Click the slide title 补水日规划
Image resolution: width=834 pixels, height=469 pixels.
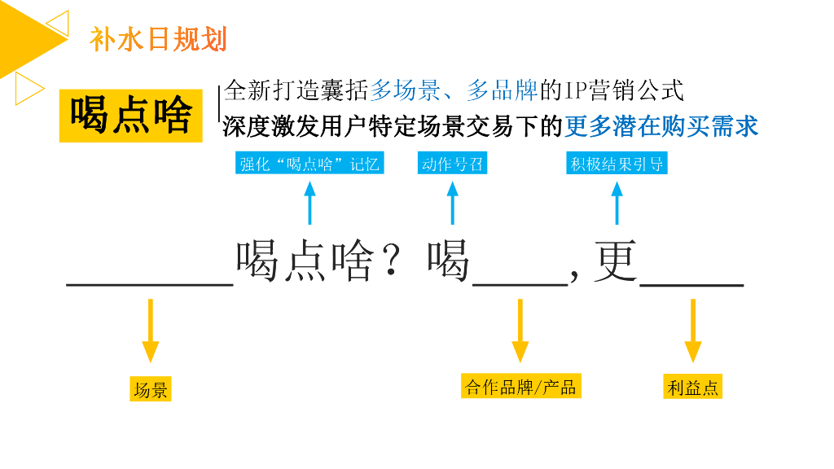(x=159, y=38)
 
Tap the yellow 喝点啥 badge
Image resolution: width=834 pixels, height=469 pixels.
(x=130, y=115)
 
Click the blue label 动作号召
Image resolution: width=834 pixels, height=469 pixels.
(x=453, y=164)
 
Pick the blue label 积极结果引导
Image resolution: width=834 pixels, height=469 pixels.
(x=617, y=164)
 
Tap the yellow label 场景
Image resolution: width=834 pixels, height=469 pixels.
(x=151, y=390)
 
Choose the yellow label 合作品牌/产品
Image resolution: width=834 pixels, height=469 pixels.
(x=520, y=387)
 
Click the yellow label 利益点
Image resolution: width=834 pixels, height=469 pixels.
(x=692, y=388)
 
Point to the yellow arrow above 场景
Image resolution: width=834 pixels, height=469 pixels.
(x=150, y=331)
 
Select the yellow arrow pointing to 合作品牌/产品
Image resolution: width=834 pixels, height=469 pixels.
(x=520, y=331)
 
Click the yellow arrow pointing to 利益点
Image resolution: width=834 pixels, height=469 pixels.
(x=692, y=331)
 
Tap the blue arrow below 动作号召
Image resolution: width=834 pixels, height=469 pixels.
(x=453, y=203)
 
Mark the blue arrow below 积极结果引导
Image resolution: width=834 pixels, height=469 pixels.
(x=617, y=203)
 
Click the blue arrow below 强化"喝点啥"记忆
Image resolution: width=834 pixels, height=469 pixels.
(x=309, y=203)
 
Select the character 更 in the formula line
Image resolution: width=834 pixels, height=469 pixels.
(x=616, y=261)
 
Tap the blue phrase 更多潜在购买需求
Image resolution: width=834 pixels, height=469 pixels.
(x=661, y=125)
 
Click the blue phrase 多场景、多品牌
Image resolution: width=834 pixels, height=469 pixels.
(x=454, y=90)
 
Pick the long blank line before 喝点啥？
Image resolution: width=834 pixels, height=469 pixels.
(x=151, y=284)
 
